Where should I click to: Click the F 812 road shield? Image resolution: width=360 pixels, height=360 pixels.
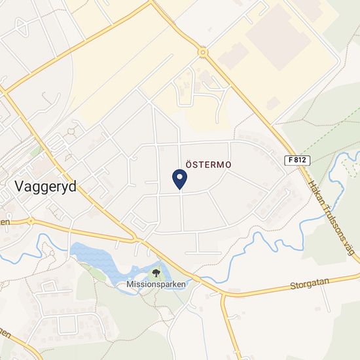[x=297, y=160]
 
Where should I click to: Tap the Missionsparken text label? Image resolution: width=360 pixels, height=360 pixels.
[x=156, y=284]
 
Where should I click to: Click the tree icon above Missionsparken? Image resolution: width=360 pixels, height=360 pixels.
[x=156, y=272]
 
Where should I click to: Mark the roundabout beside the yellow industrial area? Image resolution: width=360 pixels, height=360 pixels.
[x=203, y=52]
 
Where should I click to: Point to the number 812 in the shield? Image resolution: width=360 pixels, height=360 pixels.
[x=301, y=160]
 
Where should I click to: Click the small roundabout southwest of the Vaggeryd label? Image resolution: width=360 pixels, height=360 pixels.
[x=29, y=221]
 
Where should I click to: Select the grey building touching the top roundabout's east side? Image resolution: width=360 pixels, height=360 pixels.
[x=233, y=56]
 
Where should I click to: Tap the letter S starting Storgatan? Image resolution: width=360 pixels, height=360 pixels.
[x=292, y=287]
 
